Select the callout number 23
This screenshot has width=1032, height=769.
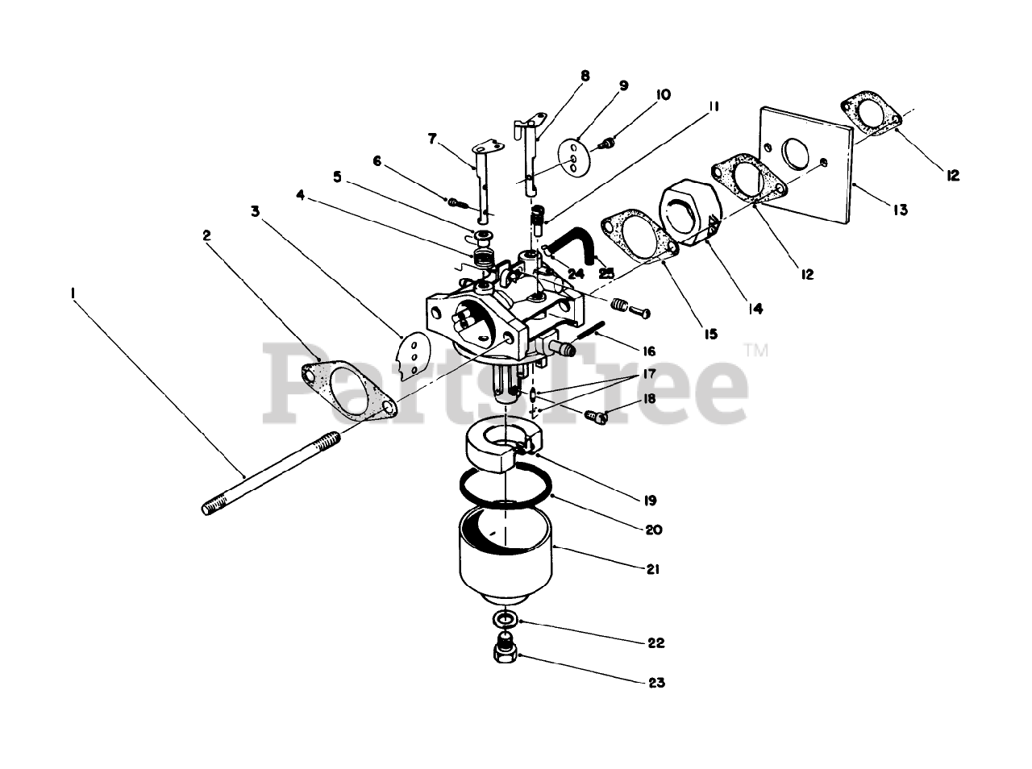pos(656,683)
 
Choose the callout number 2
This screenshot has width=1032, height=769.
pos(207,235)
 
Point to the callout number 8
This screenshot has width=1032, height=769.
pos(585,76)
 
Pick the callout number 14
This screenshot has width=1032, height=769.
pos(755,308)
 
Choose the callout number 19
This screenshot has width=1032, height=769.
pos(651,500)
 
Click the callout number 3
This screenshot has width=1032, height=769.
pos(255,212)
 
